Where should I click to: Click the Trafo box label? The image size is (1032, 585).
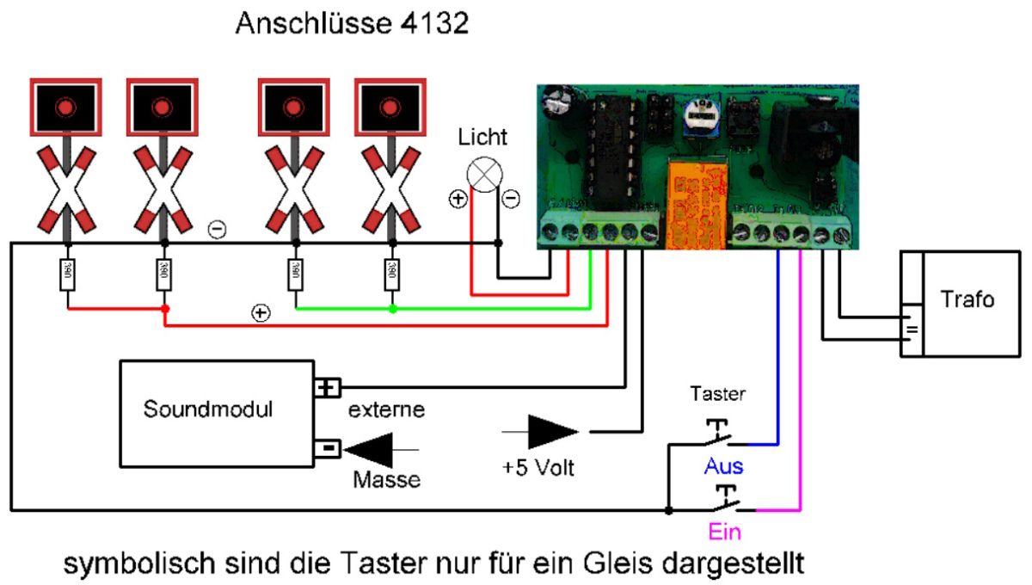[x=967, y=299]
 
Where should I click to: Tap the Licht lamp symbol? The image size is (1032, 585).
[x=483, y=175]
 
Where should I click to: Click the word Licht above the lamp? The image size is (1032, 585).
[x=482, y=136]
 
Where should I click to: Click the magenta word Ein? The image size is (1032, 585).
[x=725, y=532]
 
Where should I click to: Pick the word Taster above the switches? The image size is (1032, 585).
[x=718, y=394]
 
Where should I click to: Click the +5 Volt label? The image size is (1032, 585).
[x=538, y=469]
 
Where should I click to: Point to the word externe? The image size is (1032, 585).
[x=386, y=409]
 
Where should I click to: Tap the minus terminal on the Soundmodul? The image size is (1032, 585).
[x=329, y=448]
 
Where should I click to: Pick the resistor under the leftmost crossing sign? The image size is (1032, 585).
[x=66, y=275]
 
